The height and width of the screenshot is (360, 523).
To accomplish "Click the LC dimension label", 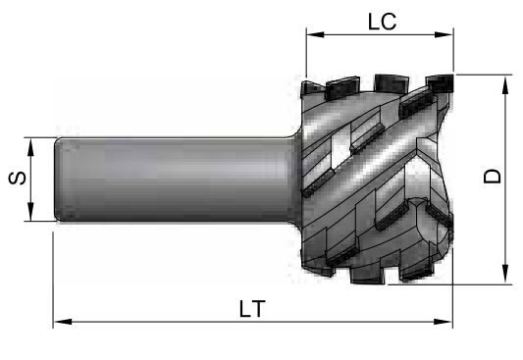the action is [383, 22].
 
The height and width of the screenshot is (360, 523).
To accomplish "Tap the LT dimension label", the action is [252, 309].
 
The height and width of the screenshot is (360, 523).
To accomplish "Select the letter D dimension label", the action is [493, 177].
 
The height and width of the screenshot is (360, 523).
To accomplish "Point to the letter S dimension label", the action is [17, 179].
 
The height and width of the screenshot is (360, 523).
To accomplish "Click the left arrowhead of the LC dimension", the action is [315, 34].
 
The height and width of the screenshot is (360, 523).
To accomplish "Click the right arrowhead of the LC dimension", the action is [444, 34].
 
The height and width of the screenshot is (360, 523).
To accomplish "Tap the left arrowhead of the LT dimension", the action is [63, 322].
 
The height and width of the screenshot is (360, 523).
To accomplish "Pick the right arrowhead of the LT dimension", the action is [443, 322].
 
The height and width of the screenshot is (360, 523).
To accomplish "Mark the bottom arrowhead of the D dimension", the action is [505, 274].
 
